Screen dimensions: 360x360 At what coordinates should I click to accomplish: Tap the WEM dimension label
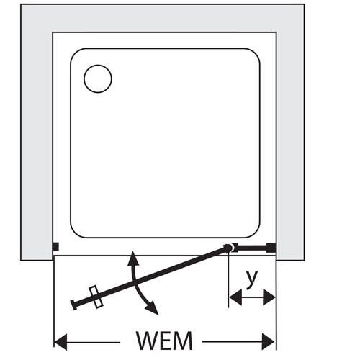tap(164, 341)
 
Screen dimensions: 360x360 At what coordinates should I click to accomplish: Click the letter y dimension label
tap(252, 279)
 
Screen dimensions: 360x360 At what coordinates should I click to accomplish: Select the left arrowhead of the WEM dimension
tap(60, 342)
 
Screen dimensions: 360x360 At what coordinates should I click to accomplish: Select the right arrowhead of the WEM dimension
tap(269, 342)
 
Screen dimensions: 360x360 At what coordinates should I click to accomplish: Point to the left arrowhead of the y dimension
tap(235, 297)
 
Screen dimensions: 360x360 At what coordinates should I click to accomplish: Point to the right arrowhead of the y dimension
tap(269, 297)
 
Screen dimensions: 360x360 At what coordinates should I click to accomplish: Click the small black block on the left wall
tap(55, 247)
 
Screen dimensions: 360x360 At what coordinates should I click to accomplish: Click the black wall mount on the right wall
tap(271, 248)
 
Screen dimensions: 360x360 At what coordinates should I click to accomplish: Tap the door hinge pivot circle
tap(228, 248)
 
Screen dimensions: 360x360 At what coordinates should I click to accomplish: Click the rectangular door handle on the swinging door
tap(96, 297)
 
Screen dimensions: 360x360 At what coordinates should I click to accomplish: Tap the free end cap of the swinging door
tap(74, 305)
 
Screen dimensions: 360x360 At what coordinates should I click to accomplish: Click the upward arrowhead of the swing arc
tap(132, 258)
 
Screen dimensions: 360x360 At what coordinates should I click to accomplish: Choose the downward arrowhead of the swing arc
tap(152, 308)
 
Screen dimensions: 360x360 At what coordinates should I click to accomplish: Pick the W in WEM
tap(148, 341)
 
